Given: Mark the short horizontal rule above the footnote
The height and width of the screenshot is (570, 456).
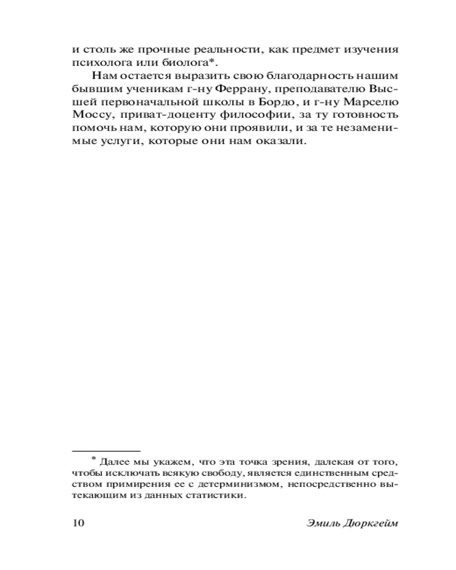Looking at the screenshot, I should click(106, 450).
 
